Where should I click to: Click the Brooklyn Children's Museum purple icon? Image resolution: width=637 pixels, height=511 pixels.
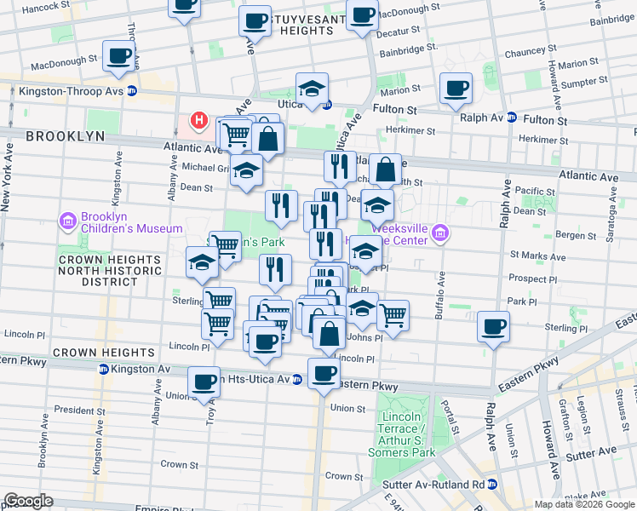[68, 221]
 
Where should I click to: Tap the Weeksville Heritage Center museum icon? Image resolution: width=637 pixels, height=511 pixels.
[440, 233]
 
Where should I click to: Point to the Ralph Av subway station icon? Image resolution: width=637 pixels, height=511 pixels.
[511, 118]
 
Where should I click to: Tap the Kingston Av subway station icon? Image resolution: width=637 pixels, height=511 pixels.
[103, 370]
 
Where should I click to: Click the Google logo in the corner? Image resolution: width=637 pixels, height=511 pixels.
[29, 501]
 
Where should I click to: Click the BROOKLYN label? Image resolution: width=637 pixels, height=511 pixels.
[65, 136]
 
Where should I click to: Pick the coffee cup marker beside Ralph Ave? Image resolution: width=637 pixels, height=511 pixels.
[493, 326]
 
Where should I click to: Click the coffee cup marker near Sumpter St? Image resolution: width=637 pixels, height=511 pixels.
[456, 87]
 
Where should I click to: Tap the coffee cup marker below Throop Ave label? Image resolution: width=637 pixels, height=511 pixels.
[118, 56]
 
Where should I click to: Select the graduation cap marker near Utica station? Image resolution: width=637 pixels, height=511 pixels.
[313, 88]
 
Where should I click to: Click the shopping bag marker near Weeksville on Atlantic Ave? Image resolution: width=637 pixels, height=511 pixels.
[386, 169]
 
